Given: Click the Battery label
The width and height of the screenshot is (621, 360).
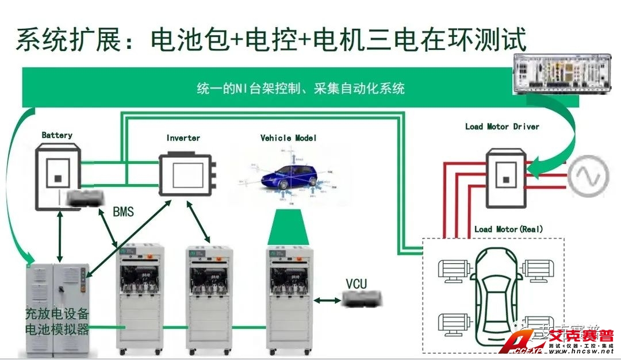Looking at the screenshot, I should coord(57,135).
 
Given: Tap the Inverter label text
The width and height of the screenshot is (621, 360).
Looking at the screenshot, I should coord(183,138).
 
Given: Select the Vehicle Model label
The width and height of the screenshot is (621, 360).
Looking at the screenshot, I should coord(289,138).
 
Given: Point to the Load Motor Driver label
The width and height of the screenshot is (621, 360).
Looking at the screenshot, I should coord(502,127).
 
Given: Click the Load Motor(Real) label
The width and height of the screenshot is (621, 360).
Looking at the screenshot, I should coord(508,229).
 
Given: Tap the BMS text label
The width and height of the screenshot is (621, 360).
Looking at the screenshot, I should coord(123,212).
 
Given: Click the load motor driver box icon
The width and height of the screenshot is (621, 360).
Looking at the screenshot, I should coord(505,178).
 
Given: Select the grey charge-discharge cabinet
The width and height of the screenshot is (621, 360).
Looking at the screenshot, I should coord(58,308).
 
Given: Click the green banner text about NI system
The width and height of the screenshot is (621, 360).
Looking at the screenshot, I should coord(301,88).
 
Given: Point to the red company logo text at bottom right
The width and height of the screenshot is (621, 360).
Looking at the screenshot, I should coord(581,336).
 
